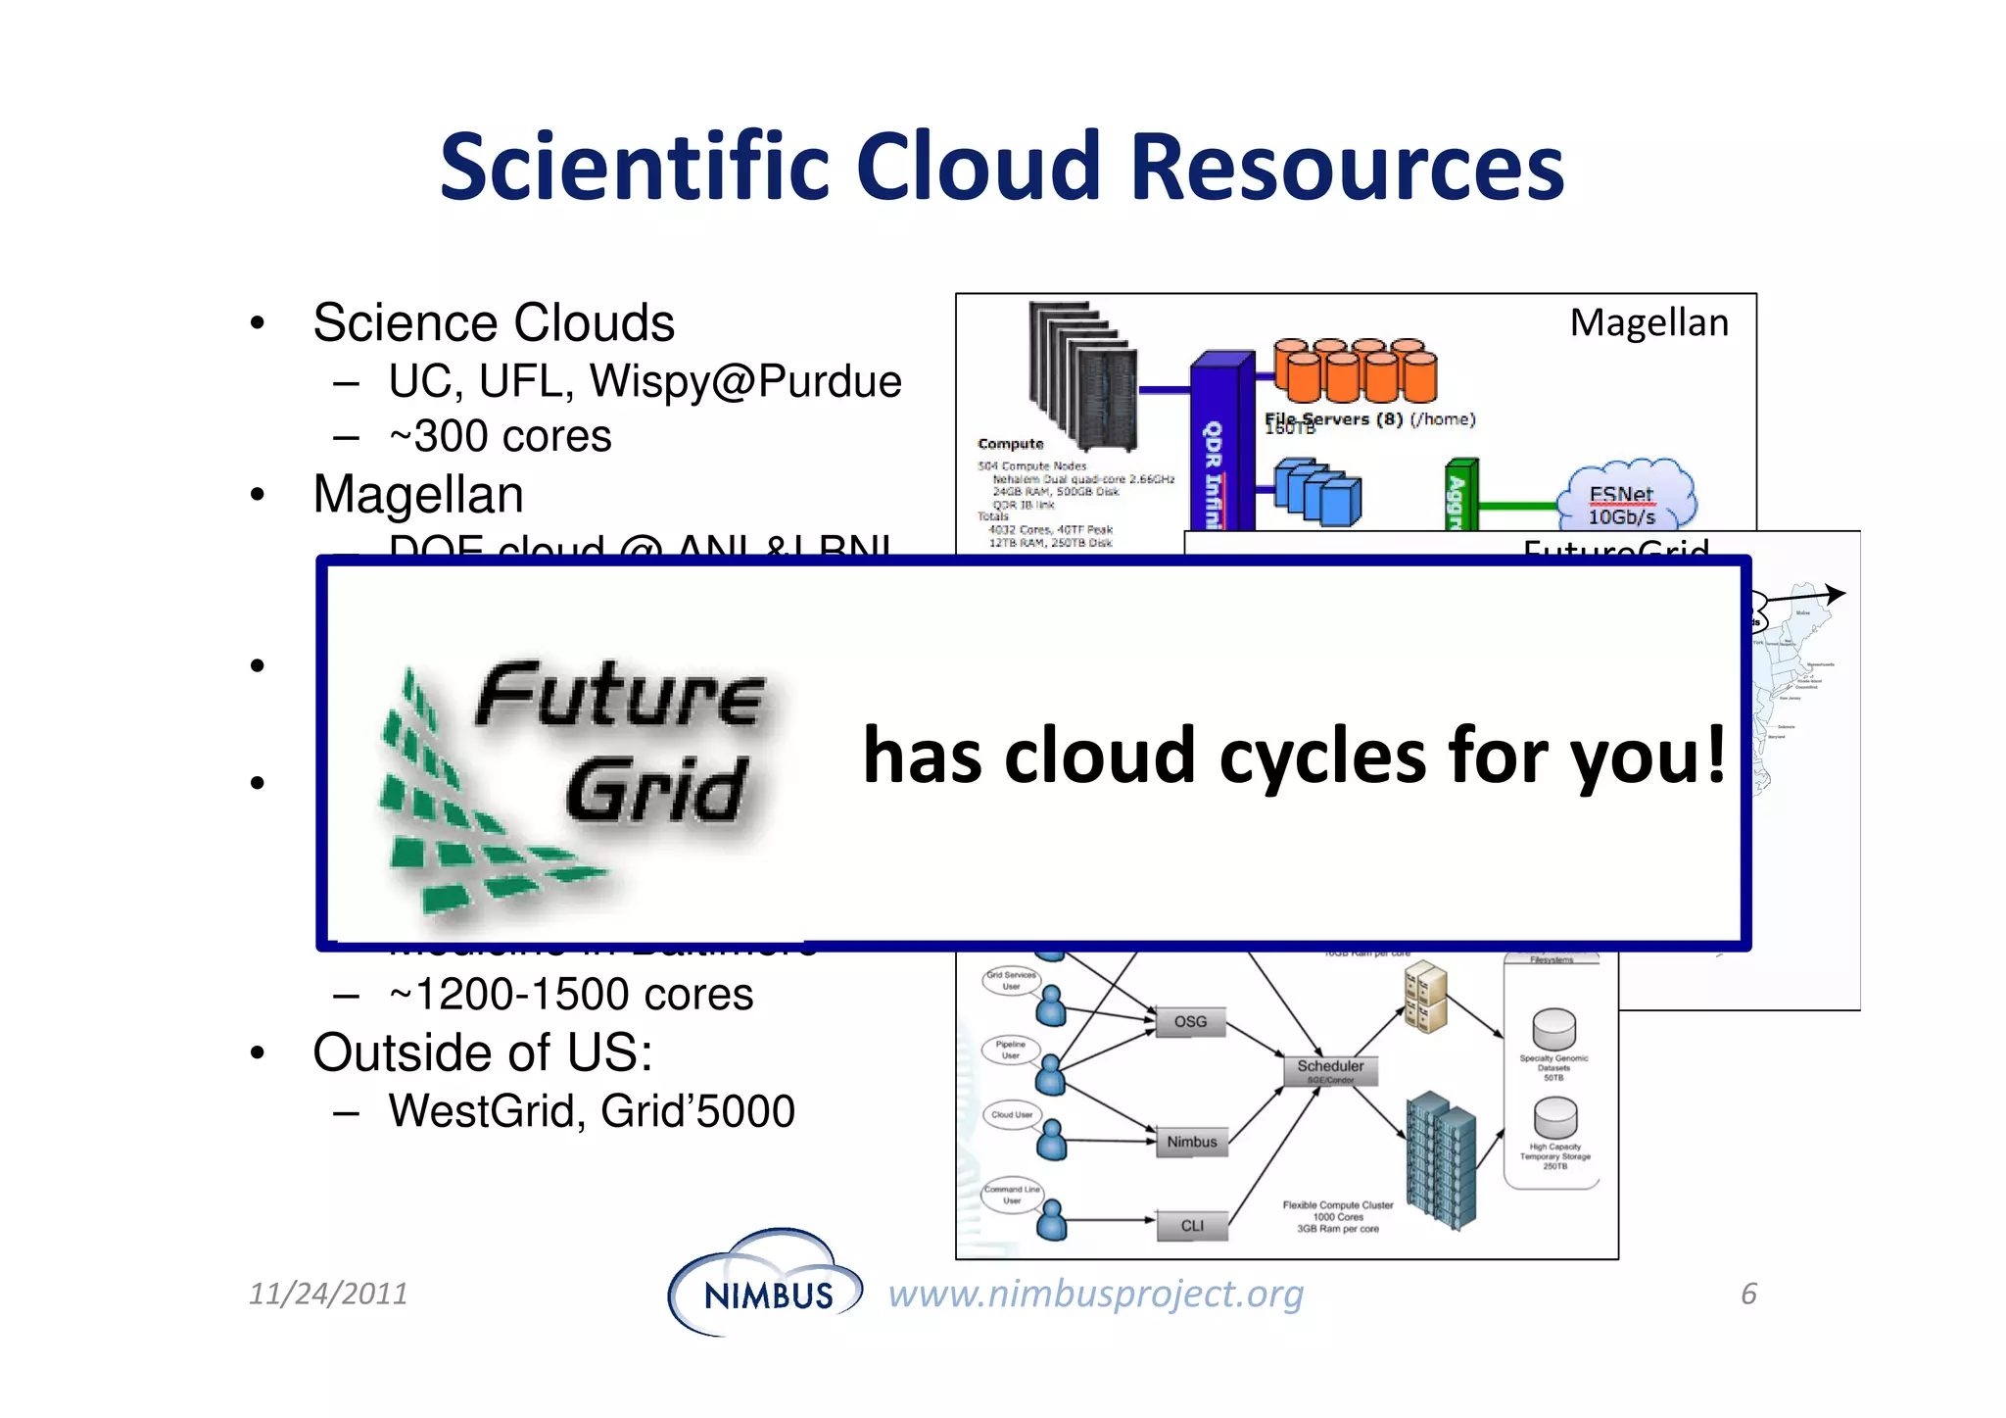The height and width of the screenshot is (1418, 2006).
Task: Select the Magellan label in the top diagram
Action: pos(1648,322)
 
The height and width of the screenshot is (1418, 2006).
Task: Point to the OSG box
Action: pos(1190,1021)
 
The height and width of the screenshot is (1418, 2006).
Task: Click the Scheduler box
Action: pos(1330,1068)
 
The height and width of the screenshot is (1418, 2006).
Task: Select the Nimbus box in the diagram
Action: pos(1191,1142)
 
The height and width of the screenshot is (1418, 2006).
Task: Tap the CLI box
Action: pos(1192,1226)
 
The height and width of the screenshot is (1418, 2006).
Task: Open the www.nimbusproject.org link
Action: pos(1095,1294)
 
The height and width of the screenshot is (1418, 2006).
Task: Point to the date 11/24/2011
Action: pos(328,1294)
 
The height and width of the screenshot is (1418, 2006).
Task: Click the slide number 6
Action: pos(1748,1294)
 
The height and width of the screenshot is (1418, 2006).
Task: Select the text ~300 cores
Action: pos(500,436)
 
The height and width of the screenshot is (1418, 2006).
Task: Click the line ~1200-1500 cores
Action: pos(571,995)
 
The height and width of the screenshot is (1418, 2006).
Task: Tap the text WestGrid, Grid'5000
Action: pos(592,1111)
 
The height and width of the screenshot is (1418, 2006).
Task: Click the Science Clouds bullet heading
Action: pos(494,322)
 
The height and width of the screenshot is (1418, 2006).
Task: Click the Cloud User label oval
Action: pos(1011,1115)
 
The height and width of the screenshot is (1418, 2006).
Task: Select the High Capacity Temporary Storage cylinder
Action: pos(1554,1118)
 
